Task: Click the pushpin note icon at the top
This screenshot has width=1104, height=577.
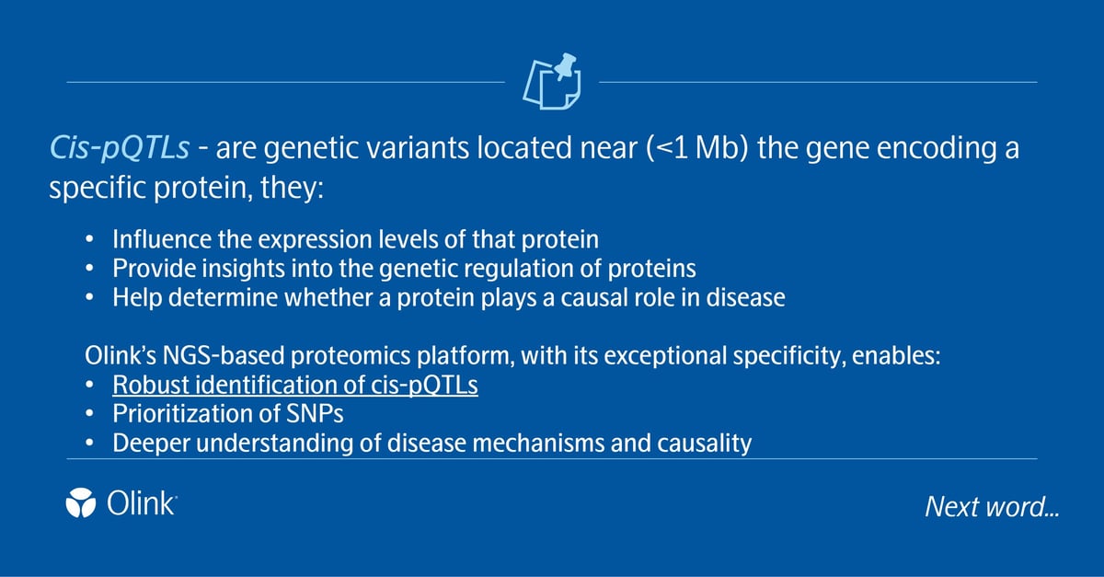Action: (x=552, y=81)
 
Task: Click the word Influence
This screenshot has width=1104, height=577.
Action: (x=156, y=240)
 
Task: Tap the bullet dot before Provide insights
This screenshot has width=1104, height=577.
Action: (x=88, y=270)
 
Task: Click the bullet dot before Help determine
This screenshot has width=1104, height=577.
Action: (x=88, y=299)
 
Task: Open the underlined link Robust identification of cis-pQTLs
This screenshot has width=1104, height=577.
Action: (x=294, y=386)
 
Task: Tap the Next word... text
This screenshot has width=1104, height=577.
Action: (x=991, y=507)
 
